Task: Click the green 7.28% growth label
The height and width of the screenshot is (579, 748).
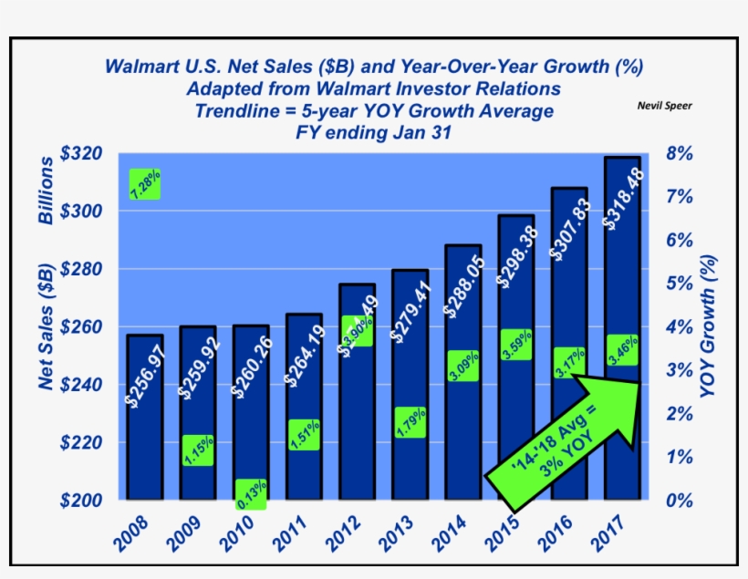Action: [x=146, y=184]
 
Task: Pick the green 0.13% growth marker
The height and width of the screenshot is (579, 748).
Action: [x=251, y=494]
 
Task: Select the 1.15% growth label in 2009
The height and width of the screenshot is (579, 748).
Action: [x=198, y=450]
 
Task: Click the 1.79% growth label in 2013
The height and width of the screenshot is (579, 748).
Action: [x=410, y=422]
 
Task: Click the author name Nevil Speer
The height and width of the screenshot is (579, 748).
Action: [x=664, y=106]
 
